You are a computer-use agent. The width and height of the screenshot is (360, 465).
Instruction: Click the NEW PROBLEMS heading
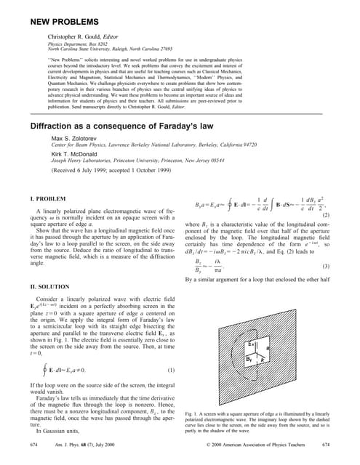69,10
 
